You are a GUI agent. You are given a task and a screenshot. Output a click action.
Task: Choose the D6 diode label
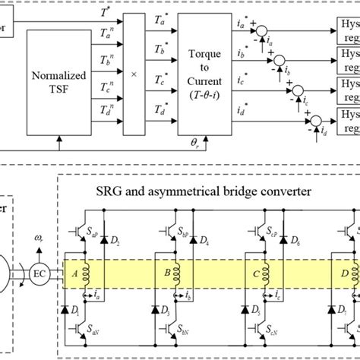[295, 242]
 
